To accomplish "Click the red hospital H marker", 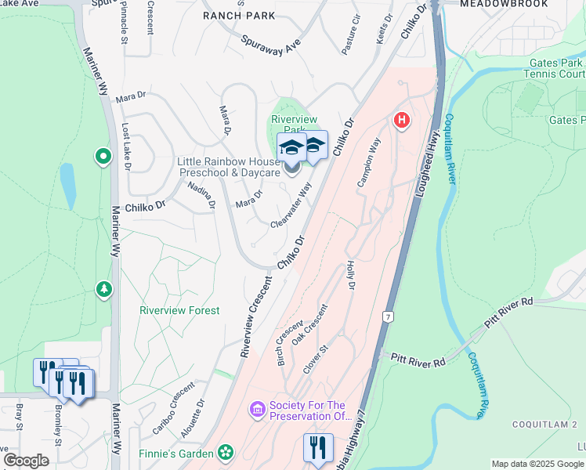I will (401, 120).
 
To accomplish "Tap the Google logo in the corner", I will (26, 461).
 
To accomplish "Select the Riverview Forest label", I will (179, 310).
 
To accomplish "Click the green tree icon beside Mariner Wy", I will (104, 290).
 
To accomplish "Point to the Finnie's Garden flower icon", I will (226, 453).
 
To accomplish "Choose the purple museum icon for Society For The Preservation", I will (256, 409).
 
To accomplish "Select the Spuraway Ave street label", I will (271, 45).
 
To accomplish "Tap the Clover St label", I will (313, 356).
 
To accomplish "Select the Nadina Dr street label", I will (201, 195).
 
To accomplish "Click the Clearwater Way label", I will (291, 206).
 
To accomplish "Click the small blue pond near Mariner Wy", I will (69, 186).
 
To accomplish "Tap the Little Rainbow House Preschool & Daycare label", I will (229, 167).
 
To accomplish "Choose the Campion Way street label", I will (369, 163).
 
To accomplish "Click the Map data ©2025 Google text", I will (537, 464).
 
